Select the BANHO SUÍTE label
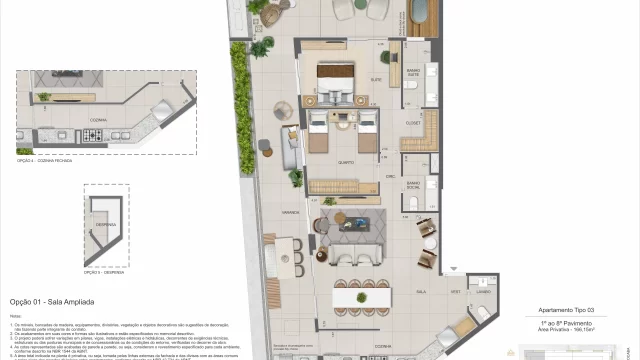pyautogui.click(x=413, y=71)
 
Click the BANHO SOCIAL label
pyautogui.click(x=413, y=184)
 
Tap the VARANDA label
pyautogui.click(x=291, y=212)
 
